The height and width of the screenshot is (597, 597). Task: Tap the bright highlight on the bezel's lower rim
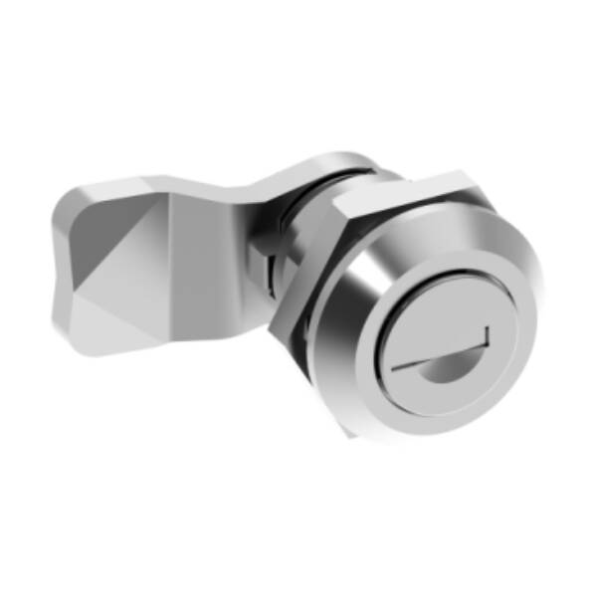[x=398, y=423]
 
